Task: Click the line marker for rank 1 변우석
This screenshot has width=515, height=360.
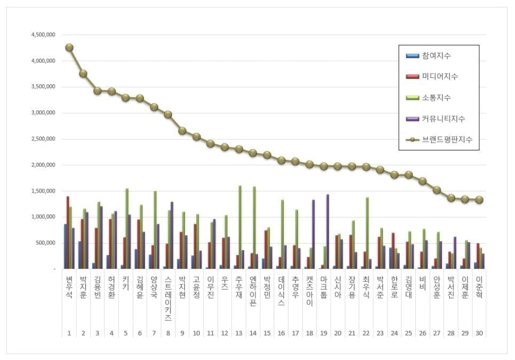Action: (69, 47)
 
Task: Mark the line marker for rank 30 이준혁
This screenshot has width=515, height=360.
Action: (479, 200)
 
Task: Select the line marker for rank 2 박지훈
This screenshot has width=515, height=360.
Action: (83, 74)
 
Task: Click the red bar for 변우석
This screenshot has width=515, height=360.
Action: (68, 233)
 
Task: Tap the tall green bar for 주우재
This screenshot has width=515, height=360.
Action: (240, 227)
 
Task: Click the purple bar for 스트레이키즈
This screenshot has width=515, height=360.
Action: (172, 235)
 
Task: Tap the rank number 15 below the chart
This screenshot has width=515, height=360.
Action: (267, 333)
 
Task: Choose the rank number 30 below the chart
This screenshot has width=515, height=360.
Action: (479, 333)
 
